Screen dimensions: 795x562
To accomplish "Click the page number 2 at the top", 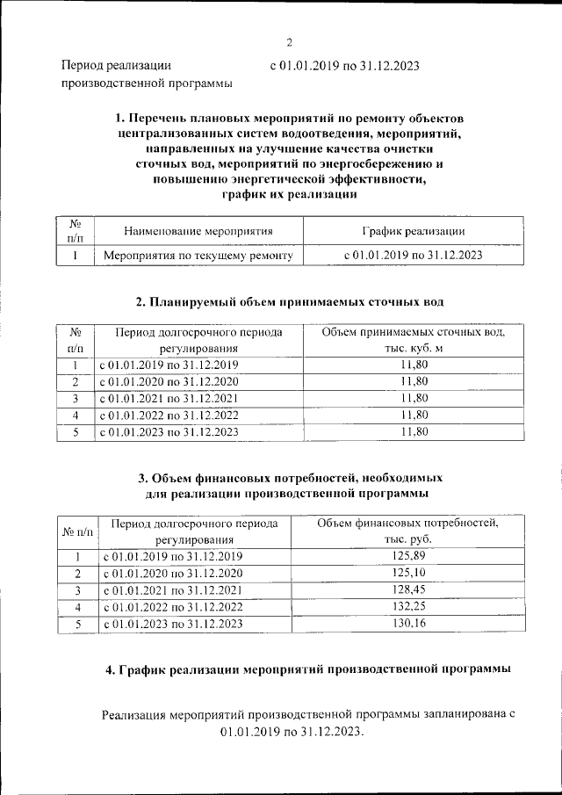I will (289, 41).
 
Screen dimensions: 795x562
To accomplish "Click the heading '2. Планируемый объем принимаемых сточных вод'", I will (290, 301).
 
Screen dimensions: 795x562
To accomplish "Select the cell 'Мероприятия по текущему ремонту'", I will (198, 255).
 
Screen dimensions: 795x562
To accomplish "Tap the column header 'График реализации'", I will (413, 231).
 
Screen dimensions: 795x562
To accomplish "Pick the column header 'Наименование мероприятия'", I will (198, 231).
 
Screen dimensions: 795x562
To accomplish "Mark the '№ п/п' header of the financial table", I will (77, 531).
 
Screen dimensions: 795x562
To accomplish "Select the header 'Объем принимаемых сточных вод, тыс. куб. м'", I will (413, 341).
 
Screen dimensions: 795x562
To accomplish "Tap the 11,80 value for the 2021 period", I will (413, 398).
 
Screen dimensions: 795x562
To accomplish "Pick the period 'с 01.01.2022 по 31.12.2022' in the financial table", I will (172, 607).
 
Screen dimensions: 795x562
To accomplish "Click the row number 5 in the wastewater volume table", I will (76, 431).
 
